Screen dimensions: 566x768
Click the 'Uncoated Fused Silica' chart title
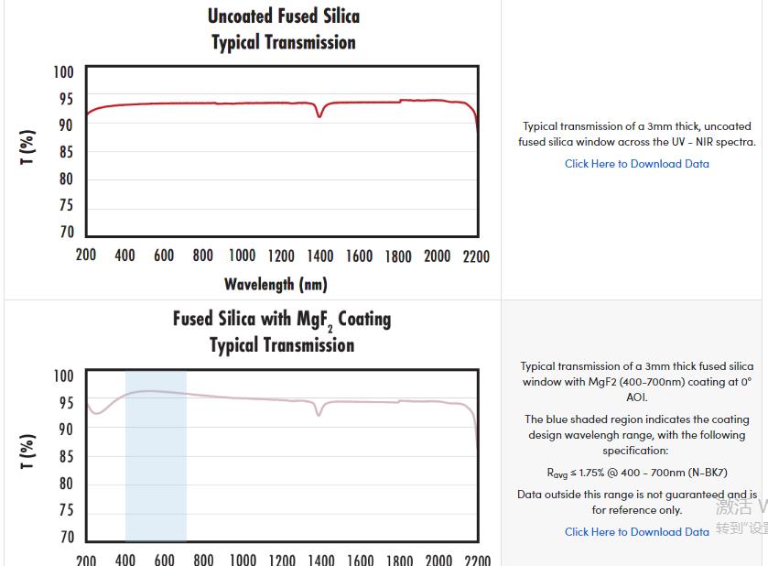284,16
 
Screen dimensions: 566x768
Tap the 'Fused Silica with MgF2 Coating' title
282,320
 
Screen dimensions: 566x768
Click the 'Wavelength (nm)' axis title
276,284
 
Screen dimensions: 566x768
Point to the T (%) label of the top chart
28,147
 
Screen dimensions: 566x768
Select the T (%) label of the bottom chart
28,451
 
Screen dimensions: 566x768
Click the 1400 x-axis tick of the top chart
320,256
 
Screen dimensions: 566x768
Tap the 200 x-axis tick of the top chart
86,256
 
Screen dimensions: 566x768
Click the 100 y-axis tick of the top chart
63,72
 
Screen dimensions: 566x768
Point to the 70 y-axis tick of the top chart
67,232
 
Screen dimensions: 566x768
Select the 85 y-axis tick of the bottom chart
67,456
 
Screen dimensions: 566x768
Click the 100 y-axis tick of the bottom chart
63,376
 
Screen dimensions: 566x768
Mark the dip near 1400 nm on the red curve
319,115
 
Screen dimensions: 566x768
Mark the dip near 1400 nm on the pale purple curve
319,414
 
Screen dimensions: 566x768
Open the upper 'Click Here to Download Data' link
636,164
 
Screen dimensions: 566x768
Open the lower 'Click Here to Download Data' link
636,532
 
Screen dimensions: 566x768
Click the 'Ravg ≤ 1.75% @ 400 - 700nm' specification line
636,473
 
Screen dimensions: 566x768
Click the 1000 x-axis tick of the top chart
242,256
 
